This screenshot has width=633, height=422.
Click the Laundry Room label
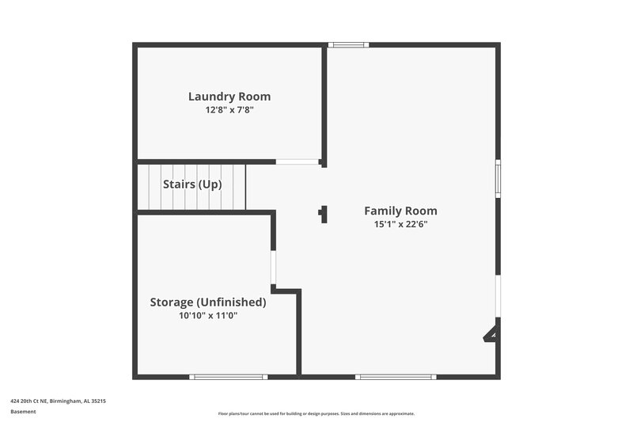tap(229, 97)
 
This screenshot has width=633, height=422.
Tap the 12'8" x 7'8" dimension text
tap(229, 110)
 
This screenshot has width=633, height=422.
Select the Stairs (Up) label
tap(192, 184)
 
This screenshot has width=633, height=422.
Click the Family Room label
tap(400, 211)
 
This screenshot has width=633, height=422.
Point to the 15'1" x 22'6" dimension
tap(400, 224)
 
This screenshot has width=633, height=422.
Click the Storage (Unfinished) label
tap(208, 302)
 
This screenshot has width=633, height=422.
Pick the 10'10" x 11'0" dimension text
tap(208, 315)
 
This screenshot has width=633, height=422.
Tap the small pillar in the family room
tap(323, 214)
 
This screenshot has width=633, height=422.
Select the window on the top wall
tap(347, 45)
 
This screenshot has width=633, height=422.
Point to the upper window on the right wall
tap(498, 178)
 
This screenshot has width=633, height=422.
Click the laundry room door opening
tap(298, 162)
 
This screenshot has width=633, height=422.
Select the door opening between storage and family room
tap(273, 268)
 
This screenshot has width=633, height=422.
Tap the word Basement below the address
tap(23, 412)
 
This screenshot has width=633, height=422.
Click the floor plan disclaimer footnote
tap(316, 413)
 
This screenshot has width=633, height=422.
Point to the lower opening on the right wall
tap(498, 296)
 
